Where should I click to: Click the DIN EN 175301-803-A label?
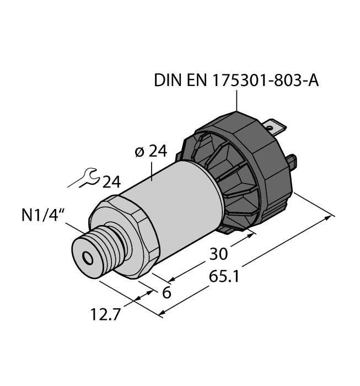(236, 82)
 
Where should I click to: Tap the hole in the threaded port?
(87, 258)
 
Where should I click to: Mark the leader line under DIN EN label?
(237, 101)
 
